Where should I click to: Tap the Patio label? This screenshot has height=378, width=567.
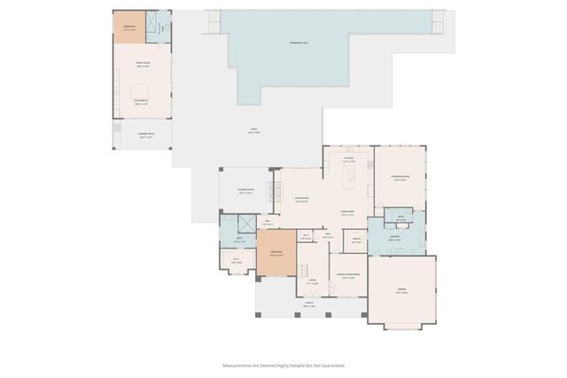253,131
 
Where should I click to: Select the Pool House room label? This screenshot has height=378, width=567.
141,65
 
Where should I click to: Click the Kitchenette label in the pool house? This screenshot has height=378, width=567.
141,102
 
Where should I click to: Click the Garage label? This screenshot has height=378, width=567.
401,291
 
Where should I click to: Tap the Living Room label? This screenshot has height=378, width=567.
301,200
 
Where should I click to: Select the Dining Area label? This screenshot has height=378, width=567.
350,212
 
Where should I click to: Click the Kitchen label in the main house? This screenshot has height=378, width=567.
349,160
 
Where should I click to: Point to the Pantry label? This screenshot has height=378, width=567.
355,239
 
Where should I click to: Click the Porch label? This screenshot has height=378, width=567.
310,304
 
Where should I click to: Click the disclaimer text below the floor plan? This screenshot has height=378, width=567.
283,365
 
